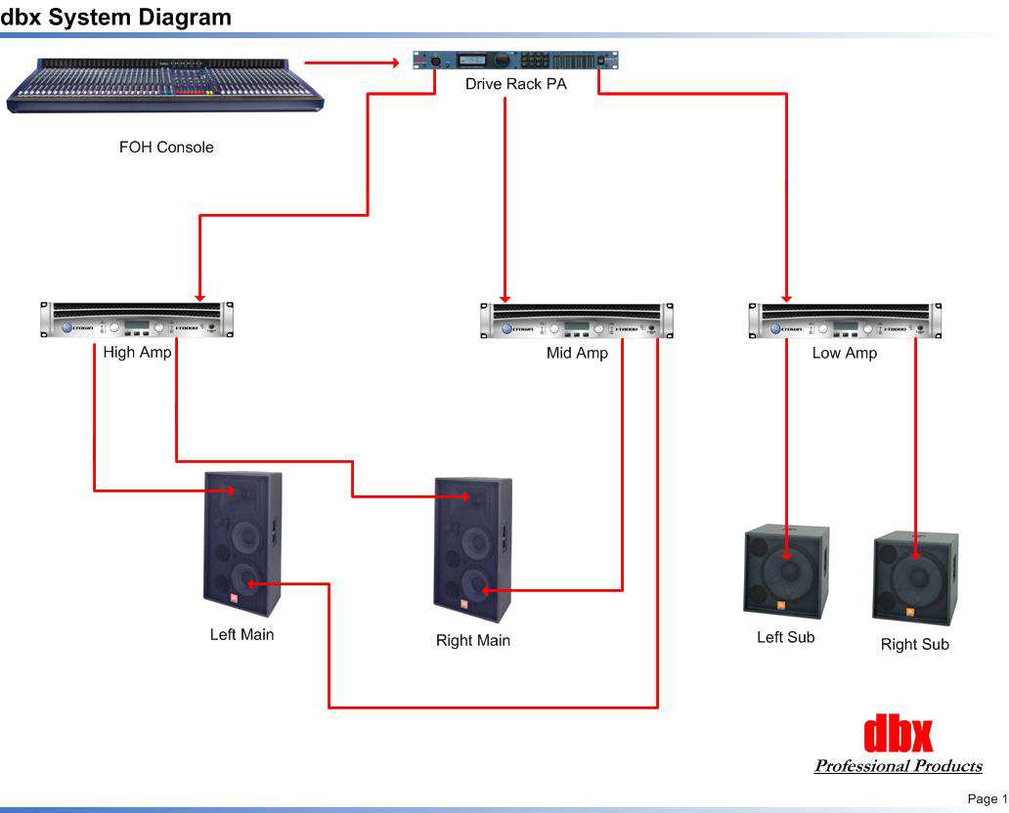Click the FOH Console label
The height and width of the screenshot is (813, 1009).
(x=166, y=148)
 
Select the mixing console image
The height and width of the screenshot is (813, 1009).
(x=165, y=86)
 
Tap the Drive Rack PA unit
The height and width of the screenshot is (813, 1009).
(x=515, y=61)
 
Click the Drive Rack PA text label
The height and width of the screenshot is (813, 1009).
(x=515, y=85)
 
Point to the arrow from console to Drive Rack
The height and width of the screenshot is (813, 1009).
(x=352, y=63)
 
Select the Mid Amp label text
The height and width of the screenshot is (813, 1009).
(x=577, y=354)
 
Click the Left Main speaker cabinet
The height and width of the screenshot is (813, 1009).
(x=242, y=543)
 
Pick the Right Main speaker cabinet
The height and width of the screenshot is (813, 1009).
(x=473, y=549)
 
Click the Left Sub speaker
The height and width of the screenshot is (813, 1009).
(x=786, y=572)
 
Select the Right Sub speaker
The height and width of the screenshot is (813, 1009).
(x=915, y=578)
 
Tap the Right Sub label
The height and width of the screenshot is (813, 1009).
(x=915, y=645)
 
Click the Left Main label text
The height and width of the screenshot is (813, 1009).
(x=242, y=635)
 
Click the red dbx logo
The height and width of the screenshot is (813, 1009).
(x=899, y=734)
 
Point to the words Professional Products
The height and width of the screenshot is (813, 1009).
(x=899, y=766)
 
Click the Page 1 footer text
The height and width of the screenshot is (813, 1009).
(x=987, y=799)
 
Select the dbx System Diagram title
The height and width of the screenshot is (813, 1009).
(x=116, y=17)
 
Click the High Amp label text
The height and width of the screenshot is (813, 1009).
(x=137, y=353)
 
